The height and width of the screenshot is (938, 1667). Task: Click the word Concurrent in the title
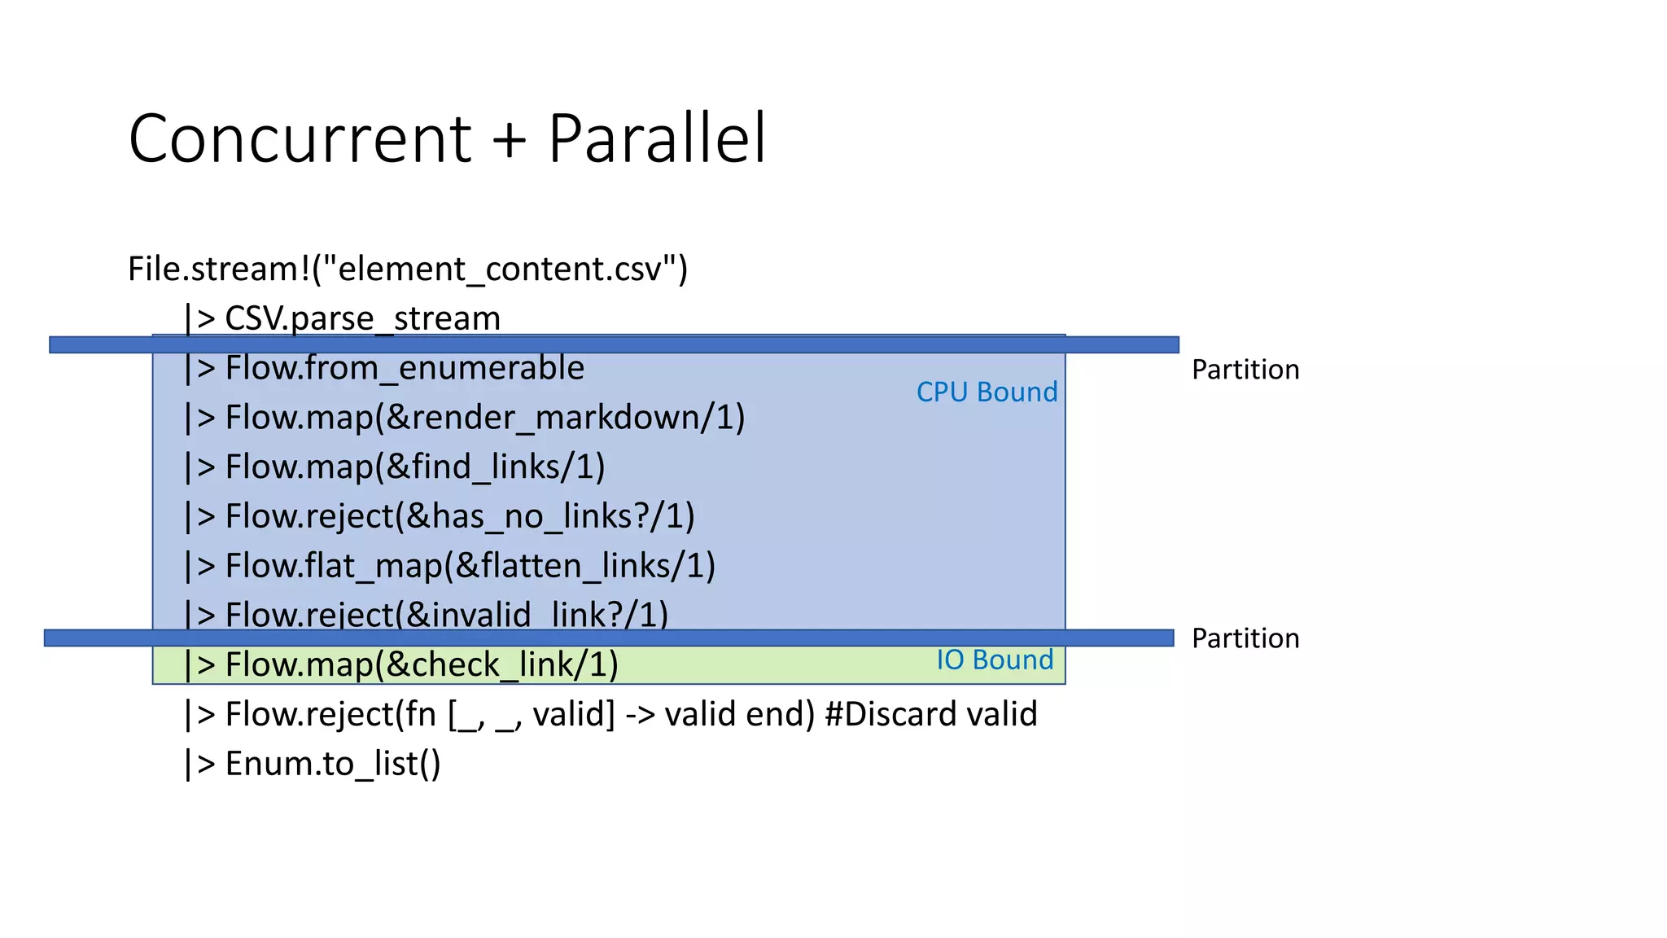point(300,138)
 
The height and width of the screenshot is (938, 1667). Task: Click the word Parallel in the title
point(656,138)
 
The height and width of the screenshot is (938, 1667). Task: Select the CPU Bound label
point(987,392)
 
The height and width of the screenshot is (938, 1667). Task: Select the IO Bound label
point(995,660)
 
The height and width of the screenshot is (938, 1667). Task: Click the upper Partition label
point(1245,370)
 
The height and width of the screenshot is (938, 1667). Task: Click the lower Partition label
point(1245,638)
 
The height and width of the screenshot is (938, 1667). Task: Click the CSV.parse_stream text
point(362,318)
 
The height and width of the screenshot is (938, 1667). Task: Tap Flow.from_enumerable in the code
point(405,368)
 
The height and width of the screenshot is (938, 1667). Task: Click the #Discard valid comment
point(930,714)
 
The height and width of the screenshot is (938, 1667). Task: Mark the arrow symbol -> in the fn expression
point(641,715)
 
